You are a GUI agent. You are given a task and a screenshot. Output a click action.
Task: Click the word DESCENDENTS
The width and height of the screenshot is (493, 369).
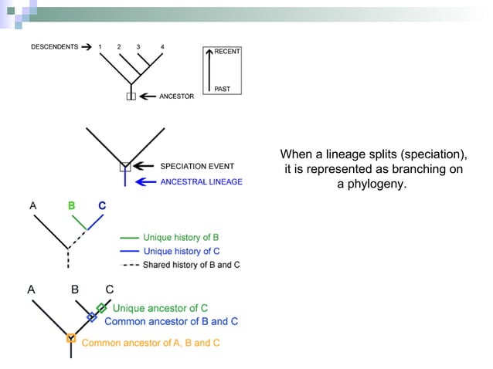pos(54,47)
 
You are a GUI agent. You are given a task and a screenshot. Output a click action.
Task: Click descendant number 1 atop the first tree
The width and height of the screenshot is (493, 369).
pos(100,47)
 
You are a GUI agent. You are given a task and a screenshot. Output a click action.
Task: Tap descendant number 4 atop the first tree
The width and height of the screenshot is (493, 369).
pos(161,47)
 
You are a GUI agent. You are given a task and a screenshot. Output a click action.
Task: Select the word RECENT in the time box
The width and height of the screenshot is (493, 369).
pos(227,52)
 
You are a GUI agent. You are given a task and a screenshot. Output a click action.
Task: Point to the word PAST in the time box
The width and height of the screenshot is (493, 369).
pos(222,90)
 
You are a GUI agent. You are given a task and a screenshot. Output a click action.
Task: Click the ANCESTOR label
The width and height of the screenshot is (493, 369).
pos(176,96)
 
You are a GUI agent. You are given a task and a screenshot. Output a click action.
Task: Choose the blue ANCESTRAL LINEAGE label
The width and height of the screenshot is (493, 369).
pos(201,182)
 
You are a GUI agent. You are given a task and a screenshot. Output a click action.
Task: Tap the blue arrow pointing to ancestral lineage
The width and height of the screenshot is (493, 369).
pos(144,182)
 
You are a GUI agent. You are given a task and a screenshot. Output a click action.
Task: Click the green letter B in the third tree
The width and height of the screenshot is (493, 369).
pos(72,206)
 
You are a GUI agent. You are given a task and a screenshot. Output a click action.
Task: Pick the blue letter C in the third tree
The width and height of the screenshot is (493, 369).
pos(102,206)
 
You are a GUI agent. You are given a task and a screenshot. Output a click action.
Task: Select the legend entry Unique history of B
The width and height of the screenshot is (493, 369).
pos(181,237)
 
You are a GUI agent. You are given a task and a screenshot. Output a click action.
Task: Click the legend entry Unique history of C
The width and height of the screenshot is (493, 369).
pos(181,251)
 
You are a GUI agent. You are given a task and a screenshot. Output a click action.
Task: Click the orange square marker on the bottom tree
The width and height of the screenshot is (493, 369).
pos(70,338)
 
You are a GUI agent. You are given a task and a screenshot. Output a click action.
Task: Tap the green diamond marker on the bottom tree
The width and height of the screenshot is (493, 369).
pos(101,308)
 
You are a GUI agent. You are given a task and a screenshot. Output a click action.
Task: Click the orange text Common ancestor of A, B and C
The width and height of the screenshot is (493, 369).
pos(150,343)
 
